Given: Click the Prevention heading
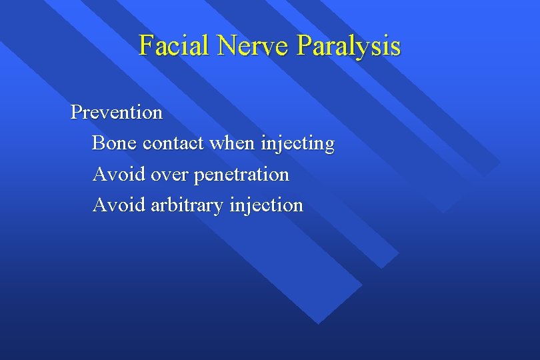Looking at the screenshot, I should [x=117, y=112].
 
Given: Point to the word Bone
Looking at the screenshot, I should [x=114, y=143].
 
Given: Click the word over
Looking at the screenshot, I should [x=169, y=175].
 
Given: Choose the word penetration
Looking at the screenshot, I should [x=241, y=175].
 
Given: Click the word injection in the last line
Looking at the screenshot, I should [x=266, y=205].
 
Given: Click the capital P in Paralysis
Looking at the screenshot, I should [x=303, y=45].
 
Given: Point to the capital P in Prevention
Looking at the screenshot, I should [x=76, y=112].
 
